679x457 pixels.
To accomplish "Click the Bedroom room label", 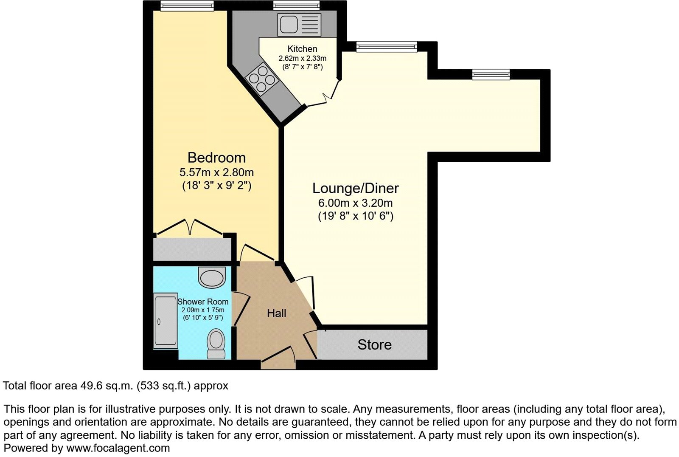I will click(x=216, y=158).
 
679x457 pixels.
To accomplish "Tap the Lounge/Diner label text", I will click(x=356, y=188).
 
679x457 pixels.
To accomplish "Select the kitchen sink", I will click(x=299, y=24).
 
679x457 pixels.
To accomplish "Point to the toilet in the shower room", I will click(x=216, y=343).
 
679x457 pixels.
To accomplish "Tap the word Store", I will click(x=374, y=344).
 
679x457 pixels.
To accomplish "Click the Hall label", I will click(x=276, y=313).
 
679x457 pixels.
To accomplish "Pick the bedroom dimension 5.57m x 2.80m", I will click(x=216, y=172).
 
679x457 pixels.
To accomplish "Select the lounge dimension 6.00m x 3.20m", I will click(x=356, y=203).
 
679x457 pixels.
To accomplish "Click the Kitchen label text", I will click(x=302, y=49).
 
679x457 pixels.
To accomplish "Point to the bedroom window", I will click(x=187, y=6).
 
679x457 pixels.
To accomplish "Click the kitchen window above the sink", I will click(x=296, y=6).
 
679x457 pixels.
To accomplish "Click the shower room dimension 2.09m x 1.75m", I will click(x=203, y=310).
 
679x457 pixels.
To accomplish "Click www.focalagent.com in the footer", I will click(x=118, y=448).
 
